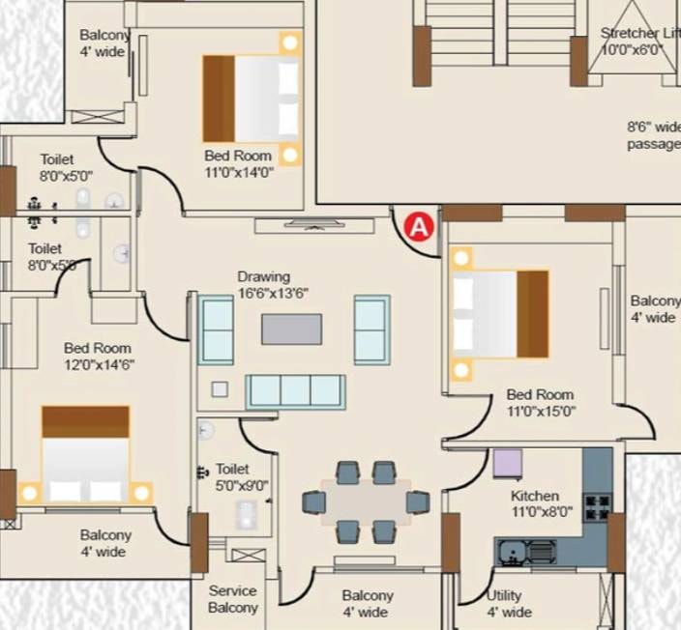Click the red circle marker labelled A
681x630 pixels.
click(419, 226)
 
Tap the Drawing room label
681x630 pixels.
click(264, 276)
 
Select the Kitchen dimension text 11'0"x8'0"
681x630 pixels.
click(542, 512)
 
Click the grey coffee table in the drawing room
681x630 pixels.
click(292, 329)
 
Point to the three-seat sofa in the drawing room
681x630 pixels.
click(296, 391)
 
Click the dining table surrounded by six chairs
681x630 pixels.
click(366, 502)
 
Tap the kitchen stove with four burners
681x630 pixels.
click(598, 506)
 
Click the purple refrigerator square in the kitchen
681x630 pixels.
click(508, 464)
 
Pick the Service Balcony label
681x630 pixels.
click(233, 599)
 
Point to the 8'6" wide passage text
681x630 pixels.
click(654, 135)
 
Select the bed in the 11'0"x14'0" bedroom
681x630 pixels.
click(252, 99)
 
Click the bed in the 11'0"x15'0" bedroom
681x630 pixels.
click(499, 314)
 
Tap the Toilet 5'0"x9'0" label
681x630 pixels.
click(242, 476)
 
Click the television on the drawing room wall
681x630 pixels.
click(314, 225)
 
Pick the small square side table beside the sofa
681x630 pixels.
click(220, 389)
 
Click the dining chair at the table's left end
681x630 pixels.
click(314, 502)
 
